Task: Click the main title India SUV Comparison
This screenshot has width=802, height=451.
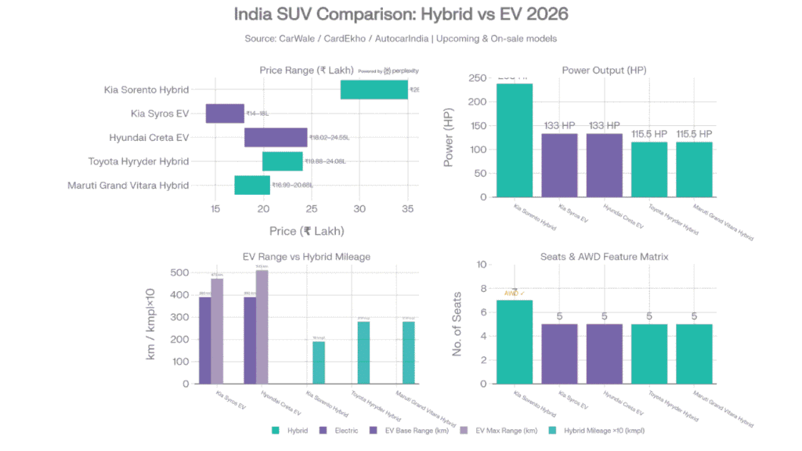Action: (401, 14)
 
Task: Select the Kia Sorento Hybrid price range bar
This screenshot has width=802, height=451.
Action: (374, 89)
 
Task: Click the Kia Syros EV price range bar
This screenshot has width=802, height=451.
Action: (225, 114)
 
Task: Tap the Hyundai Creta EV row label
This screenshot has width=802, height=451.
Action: (149, 138)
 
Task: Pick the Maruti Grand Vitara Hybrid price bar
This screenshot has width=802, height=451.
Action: (251, 185)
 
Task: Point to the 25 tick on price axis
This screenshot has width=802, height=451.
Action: (312, 209)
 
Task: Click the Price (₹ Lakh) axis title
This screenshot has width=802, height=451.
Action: (306, 231)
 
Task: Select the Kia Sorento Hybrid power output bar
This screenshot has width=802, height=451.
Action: (514, 140)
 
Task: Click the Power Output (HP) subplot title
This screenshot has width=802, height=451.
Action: (604, 70)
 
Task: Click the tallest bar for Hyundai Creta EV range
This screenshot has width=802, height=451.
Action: (262, 327)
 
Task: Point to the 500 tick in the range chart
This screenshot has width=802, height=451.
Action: (180, 272)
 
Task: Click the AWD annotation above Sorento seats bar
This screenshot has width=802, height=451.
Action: (514, 294)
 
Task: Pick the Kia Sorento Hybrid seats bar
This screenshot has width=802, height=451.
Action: (514, 341)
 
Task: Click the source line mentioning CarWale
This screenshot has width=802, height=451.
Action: (401, 38)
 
